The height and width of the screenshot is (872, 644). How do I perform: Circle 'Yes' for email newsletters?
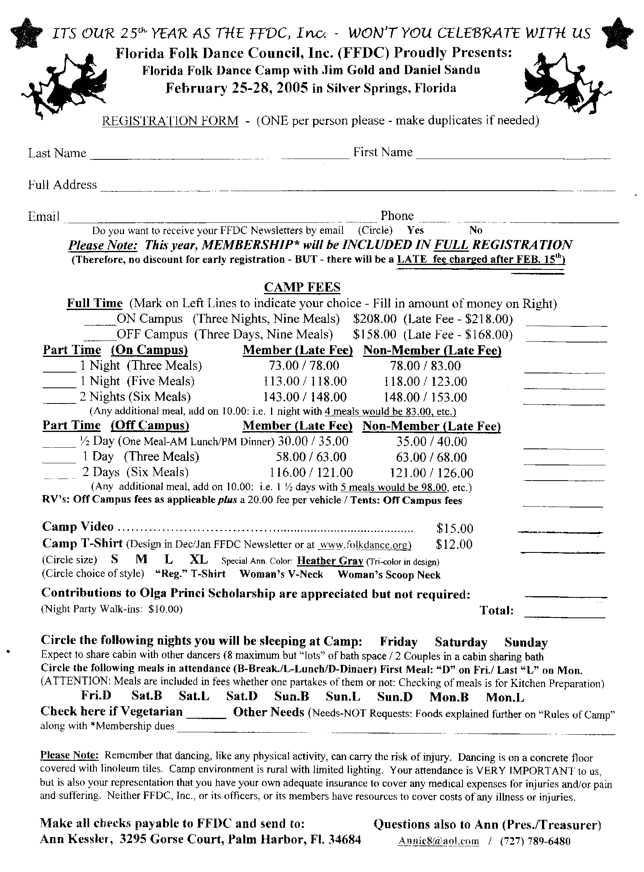coord(415,230)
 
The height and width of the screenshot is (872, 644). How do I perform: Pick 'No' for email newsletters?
coord(476,230)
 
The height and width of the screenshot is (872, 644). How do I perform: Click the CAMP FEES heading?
coord(302,287)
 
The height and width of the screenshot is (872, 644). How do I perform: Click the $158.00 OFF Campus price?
coord(375,334)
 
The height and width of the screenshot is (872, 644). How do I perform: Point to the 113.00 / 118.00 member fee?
coord(305,381)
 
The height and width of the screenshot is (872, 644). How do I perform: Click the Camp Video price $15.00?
coord(454,528)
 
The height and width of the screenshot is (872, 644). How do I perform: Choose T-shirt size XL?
coord(199,560)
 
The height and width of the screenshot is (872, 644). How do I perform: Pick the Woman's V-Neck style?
coord(281,575)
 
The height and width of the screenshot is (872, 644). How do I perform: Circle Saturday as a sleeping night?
coord(461,642)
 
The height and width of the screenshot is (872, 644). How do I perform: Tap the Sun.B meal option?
coord(291,697)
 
